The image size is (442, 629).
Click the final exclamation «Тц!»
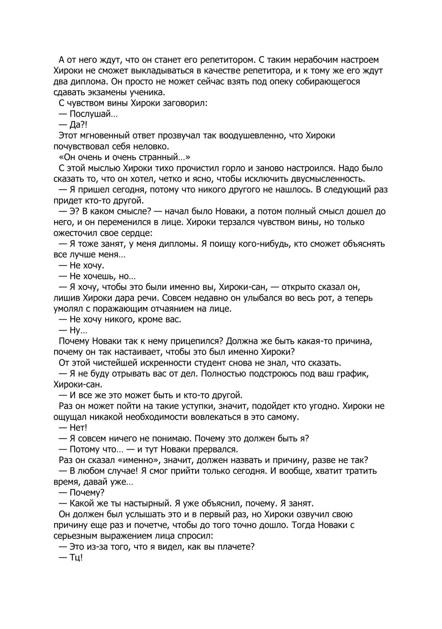[x=76, y=557]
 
